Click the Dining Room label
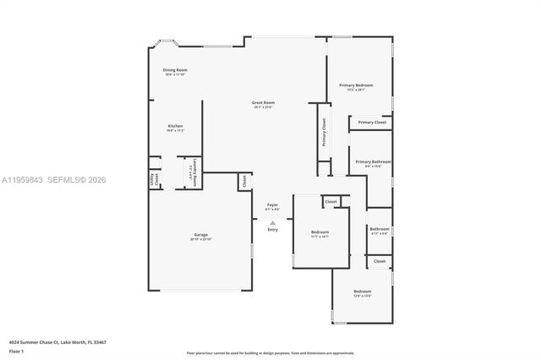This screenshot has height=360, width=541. tap(176, 70)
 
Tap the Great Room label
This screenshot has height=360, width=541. tap(263, 103)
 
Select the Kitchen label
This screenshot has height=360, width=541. tap(175, 127)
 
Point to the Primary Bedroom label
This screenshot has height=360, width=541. tap(356, 85)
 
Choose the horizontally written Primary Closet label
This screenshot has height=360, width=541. tap(372, 123)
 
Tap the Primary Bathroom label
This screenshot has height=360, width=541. tap(373, 161)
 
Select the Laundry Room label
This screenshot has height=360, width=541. tap(194, 172)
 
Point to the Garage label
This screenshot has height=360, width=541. tap(201, 235)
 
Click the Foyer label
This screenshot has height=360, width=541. tap(272, 205)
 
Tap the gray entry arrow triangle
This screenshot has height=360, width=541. tap(272, 222)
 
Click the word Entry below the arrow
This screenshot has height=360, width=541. tap(272, 230)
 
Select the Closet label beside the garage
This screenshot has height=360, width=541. tap(244, 180)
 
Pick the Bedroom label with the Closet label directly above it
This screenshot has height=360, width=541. tap(320, 232)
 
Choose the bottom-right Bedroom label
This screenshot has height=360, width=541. tap(363, 292)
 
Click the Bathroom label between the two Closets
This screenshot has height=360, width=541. tap(380, 229)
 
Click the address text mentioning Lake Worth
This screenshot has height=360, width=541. tap(57, 342)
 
